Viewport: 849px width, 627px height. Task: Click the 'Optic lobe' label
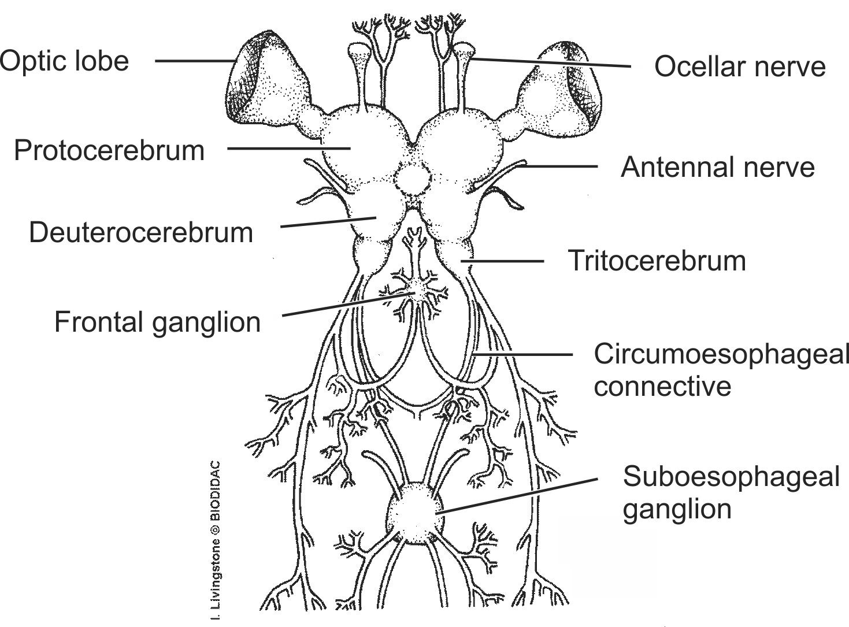coord(64,61)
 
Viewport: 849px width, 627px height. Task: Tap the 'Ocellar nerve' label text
coord(739,66)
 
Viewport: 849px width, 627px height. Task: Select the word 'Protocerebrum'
coord(109,150)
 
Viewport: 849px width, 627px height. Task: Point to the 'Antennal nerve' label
coord(717,168)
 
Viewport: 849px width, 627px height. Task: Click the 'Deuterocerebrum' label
coord(141,233)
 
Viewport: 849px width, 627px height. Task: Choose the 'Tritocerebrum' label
coord(657,261)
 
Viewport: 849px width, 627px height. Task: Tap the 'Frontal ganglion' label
coord(157,322)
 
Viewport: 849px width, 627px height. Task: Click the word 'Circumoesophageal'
coord(721,354)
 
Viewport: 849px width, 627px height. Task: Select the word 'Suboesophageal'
coord(731,477)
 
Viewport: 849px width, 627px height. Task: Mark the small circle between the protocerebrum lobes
coord(412,180)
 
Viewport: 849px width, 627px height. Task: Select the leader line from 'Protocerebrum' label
coord(289,149)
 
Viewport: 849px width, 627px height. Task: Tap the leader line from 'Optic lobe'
coord(194,60)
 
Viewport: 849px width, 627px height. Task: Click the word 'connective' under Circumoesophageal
coord(662,386)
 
